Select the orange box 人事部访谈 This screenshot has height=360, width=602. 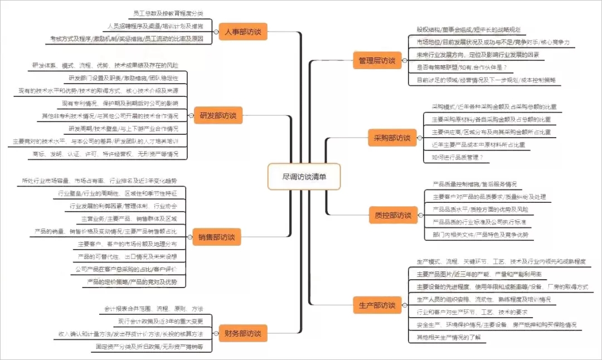tap(243, 31)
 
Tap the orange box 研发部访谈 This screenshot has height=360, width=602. tap(218, 116)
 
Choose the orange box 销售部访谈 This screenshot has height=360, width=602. tap(216, 237)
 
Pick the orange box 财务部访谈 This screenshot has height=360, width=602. tap(242, 333)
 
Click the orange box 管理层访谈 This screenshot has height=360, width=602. tap(377, 60)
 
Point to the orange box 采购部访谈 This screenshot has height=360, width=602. tap(392, 137)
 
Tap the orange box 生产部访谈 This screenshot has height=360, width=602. tap(377, 305)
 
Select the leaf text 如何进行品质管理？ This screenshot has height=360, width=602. tap(457, 158)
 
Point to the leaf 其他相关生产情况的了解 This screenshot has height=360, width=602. tap(448, 337)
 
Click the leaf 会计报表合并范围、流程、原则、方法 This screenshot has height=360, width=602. tap(154, 309)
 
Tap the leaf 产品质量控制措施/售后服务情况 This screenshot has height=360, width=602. tap(474, 184)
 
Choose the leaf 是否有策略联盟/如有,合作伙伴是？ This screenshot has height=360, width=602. tap(462, 67)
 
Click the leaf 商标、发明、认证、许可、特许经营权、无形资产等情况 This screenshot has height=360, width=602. tap(106, 154)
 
